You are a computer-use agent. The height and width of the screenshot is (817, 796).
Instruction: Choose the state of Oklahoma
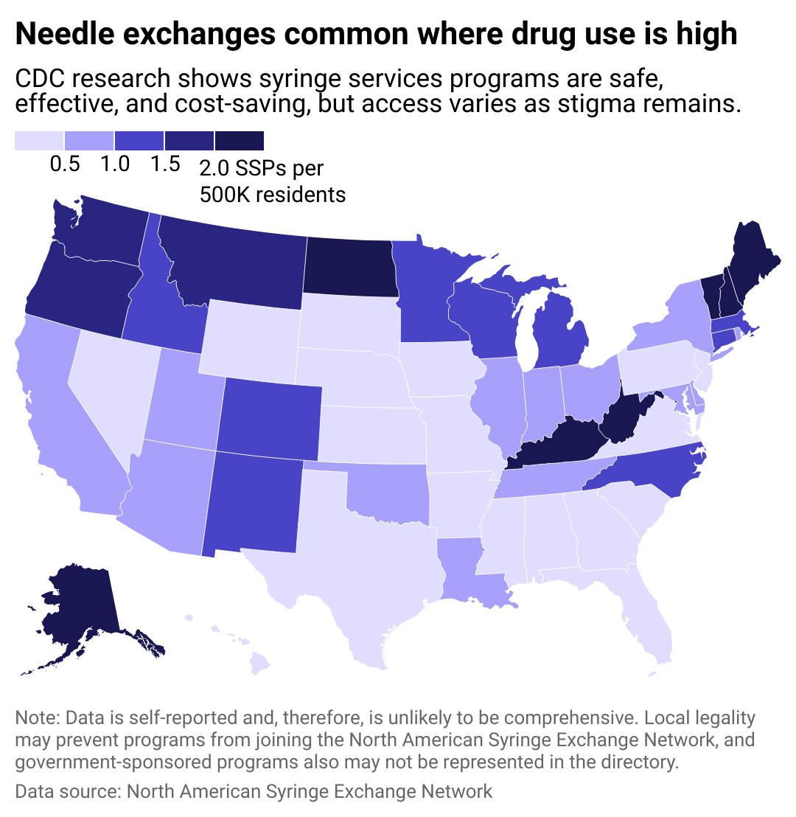pos(383,490)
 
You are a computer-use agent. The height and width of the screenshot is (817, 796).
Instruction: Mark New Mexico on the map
pos(254,509)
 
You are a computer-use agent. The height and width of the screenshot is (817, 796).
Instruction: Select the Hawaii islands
pos(258,664)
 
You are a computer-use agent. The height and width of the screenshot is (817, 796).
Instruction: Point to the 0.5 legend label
pos(65,164)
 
